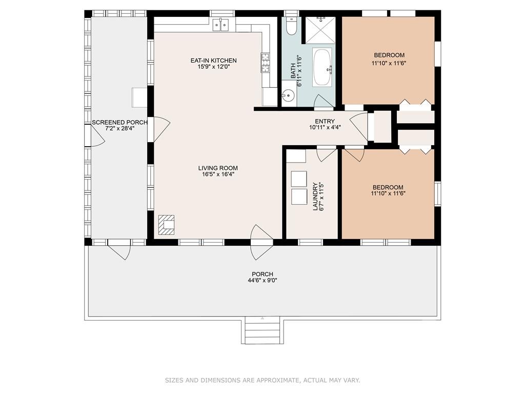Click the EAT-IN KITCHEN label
click(214, 61)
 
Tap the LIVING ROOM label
click(218, 168)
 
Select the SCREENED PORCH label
click(119, 123)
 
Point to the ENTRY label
click(325, 121)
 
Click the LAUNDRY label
click(315, 196)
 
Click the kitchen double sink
click(220, 25)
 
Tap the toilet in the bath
click(292, 27)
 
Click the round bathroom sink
click(288, 96)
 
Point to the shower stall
click(320, 30)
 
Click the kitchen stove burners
click(266, 63)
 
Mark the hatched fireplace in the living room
click(167, 225)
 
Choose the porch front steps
click(262, 331)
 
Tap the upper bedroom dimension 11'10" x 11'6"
click(389, 63)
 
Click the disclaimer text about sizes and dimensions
click(262, 380)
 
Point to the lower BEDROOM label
click(388, 187)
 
